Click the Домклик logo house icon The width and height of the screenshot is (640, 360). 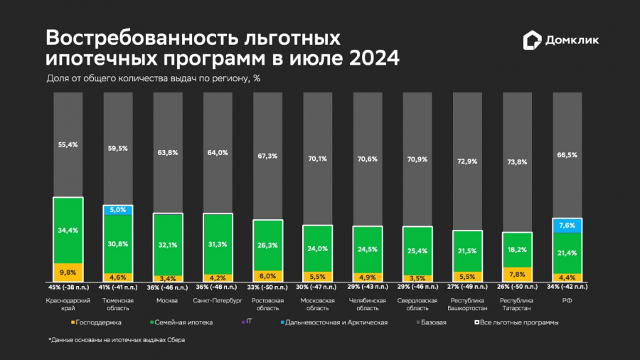(532, 41)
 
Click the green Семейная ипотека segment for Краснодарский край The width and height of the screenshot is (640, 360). (68, 230)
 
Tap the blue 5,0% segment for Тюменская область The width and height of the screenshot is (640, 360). (118, 210)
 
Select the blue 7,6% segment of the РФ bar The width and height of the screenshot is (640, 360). (567, 226)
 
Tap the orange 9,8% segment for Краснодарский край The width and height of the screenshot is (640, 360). (68, 272)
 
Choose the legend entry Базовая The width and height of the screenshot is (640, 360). (432, 322)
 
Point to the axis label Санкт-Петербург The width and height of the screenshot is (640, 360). (218, 300)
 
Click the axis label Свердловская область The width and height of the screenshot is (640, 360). (417, 304)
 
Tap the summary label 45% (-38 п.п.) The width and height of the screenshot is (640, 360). (68, 287)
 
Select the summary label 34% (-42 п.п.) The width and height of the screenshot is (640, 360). (567, 287)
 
